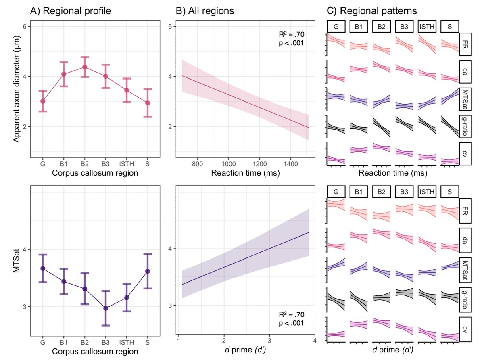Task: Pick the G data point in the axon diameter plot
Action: (43, 101)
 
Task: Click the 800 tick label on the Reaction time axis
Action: (197, 165)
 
